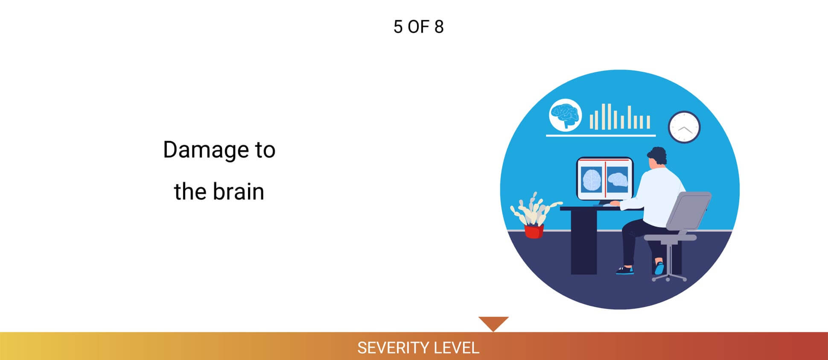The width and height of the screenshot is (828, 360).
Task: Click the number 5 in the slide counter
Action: tap(398, 27)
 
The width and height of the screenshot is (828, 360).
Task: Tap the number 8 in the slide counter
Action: tap(439, 27)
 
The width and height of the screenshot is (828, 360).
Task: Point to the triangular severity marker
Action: tap(493, 322)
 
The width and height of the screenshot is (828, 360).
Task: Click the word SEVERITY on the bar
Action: tap(387, 348)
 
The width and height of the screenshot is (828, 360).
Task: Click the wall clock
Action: tap(684, 127)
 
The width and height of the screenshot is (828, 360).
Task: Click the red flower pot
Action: tap(534, 231)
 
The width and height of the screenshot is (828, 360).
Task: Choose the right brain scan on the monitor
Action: tap(617, 179)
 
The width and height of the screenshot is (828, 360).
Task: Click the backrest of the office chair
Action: tap(688, 211)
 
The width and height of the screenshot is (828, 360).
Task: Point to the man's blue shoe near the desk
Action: tap(625, 270)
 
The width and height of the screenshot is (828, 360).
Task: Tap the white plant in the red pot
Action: tap(535, 210)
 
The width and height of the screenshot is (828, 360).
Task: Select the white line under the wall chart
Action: tap(601, 135)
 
